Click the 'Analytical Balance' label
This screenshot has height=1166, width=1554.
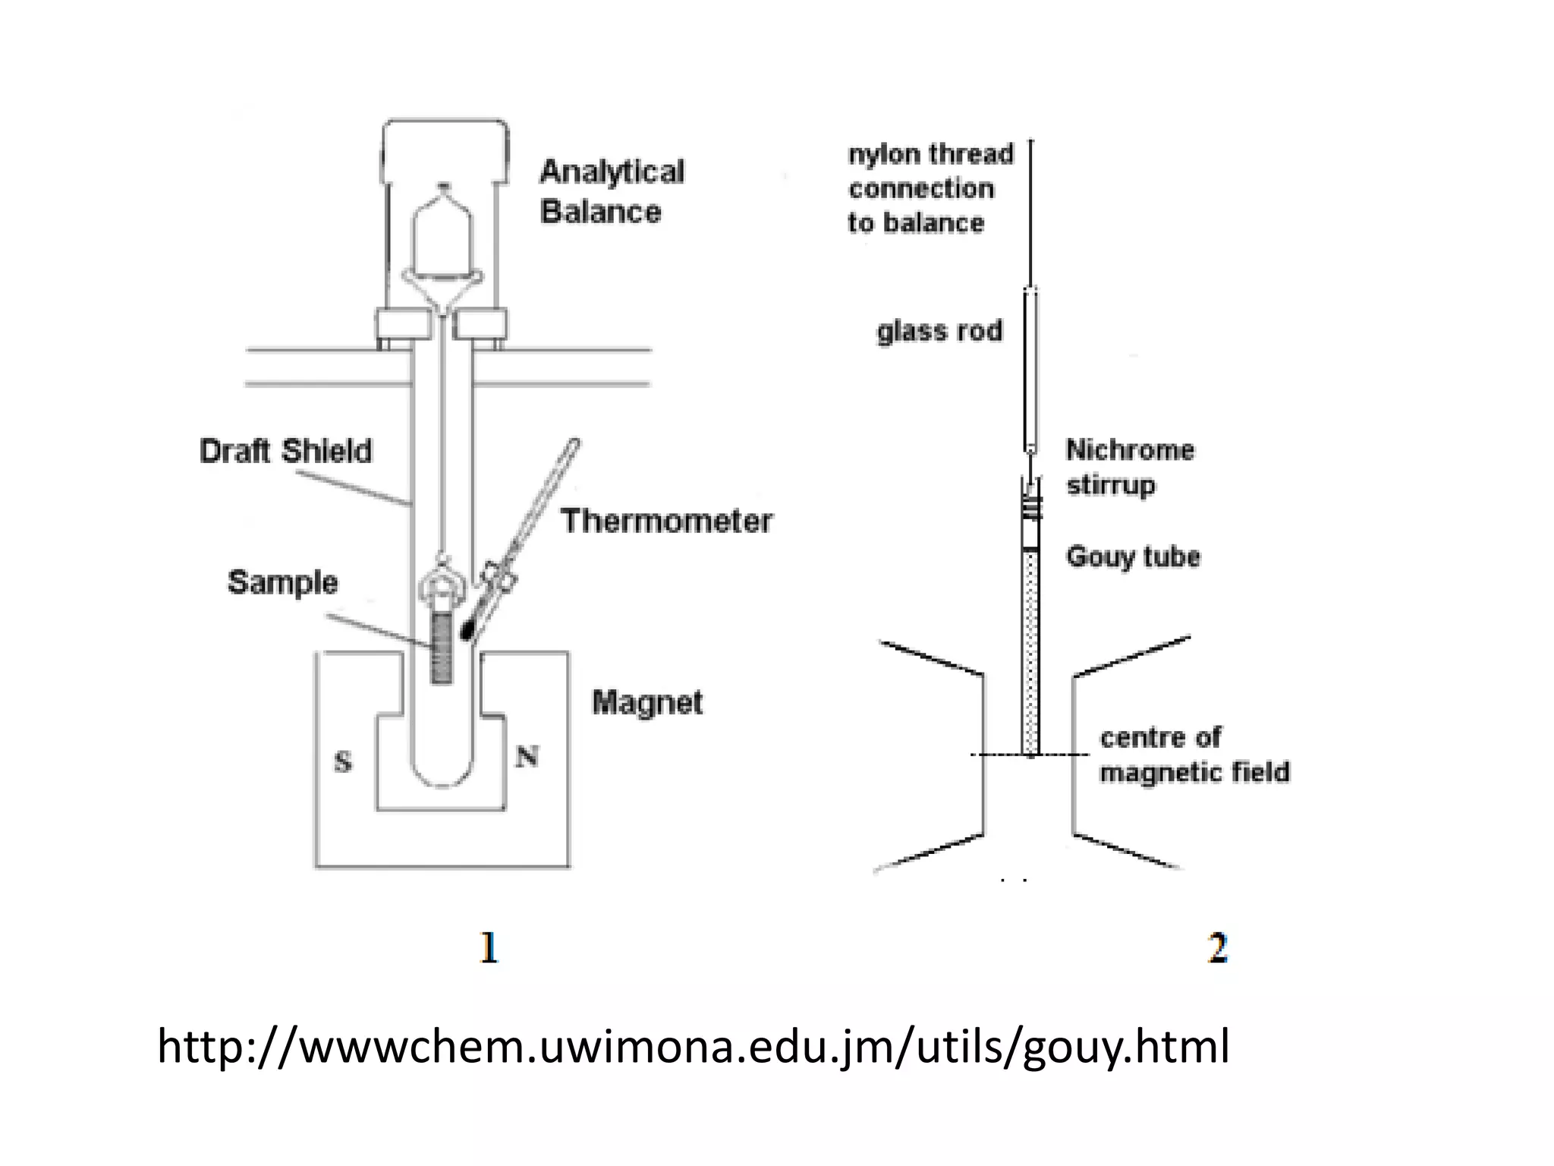pyautogui.click(x=612, y=191)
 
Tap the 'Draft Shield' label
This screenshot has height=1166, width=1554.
pyautogui.click(x=286, y=451)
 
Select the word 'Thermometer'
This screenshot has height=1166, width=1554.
pyautogui.click(x=666, y=522)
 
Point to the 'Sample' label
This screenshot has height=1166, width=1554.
pyautogui.click(x=282, y=582)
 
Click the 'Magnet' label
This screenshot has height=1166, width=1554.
pyautogui.click(x=647, y=702)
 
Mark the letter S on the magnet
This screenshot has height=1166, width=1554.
pyautogui.click(x=343, y=761)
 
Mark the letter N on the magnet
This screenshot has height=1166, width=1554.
pyautogui.click(x=527, y=756)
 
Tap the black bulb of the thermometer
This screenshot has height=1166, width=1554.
pyautogui.click(x=467, y=630)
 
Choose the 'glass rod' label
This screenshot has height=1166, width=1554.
pyautogui.click(x=939, y=331)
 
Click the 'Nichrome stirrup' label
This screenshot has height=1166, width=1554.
pyautogui.click(x=1129, y=467)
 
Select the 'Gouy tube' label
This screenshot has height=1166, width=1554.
pyautogui.click(x=1133, y=556)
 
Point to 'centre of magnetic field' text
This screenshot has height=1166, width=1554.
pyautogui.click(x=1194, y=755)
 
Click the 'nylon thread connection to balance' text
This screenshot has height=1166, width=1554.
pyautogui.click(x=930, y=188)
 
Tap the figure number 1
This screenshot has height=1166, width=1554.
pyautogui.click(x=489, y=948)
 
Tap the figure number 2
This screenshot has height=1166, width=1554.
pyautogui.click(x=1217, y=948)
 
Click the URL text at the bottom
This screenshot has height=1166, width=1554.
pyautogui.click(x=693, y=1046)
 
